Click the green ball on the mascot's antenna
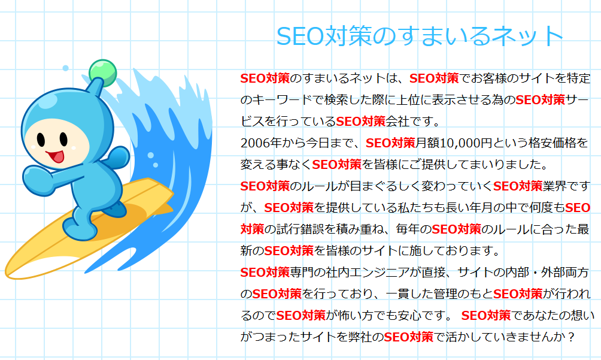point(103,72)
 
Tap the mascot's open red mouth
point(56,156)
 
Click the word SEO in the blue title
point(300,36)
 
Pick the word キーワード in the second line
point(283,99)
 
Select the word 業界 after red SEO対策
point(554,186)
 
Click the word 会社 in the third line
point(397,122)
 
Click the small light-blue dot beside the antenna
point(65,68)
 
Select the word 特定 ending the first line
point(579,78)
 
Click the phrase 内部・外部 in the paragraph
point(541,272)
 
